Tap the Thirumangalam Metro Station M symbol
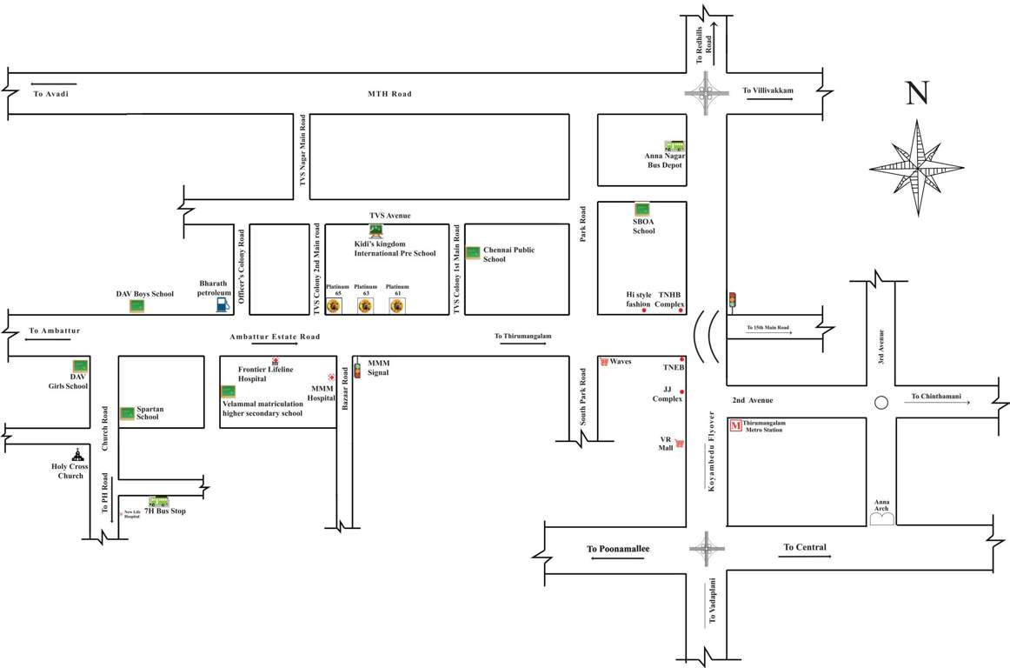pyautogui.click(x=735, y=425)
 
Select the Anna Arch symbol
pyautogui.click(x=882, y=518)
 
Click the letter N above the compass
pyautogui.click(x=917, y=94)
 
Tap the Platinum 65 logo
pyautogui.click(x=334, y=305)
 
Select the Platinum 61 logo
pyautogui.click(x=397, y=305)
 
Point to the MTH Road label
pyautogui.click(x=389, y=94)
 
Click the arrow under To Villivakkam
pyautogui.click(x=769, y=99)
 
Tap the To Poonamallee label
pyautogui.click(x=618, y=549)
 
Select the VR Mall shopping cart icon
pyautogui.click(x=680, y=443)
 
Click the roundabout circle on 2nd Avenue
pyautogui.click(x=880, y=403)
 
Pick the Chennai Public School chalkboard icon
pyautogui.click(x=473, y=253)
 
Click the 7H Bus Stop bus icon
pyautogui.click(x=158, y=501)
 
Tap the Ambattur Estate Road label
pyautogui.click(x=275, y=337)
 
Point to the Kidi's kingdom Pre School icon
pyautogui.click(x=376, y=230)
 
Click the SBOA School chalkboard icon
pyautogui.click(x=642, y=209)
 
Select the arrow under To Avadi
pyautogui.click(x=50, y=84)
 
